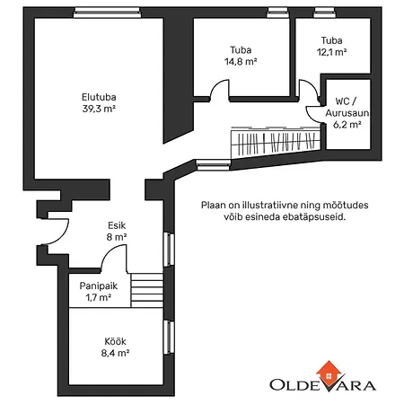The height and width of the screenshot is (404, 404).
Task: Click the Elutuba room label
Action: pyautogui.click(x=99, y=97)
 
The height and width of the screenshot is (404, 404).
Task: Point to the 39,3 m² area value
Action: pyautogui.click(x=99, y=109)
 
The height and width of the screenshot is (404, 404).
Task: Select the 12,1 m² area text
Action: pyautogui.click(x=331, y=52)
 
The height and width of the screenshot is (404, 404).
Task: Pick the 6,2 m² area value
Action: pyautogui.click(x=347, y=126)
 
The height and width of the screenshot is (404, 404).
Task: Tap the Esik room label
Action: pyautogui.click(x=117, y=226)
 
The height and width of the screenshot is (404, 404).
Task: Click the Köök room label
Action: pyautogui.click(x=114, y=341)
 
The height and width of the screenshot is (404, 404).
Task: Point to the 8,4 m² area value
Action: pyautogui.click(x=114, y=354)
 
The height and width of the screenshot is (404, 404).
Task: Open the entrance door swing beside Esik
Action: pyautogui.click(x=56, y=229)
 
